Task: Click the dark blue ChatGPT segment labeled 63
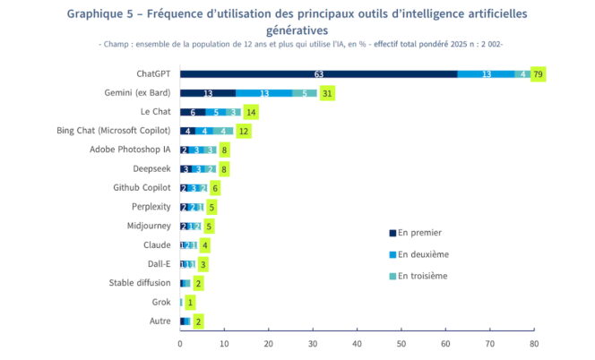pos(318,73)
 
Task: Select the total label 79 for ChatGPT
pos(538,73)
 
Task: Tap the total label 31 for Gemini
pos(328,92)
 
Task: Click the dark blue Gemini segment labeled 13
pos(208,92)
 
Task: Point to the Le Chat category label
pos(157,111)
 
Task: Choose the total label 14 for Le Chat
pos(251,112)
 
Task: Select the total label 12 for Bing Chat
pos(243,131)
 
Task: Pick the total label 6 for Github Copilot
pos(215,188)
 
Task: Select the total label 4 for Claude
pos(205,244)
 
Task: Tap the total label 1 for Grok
pos(190,302)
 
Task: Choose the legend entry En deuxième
pos(423,254)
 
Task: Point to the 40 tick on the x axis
pos(357,342)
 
